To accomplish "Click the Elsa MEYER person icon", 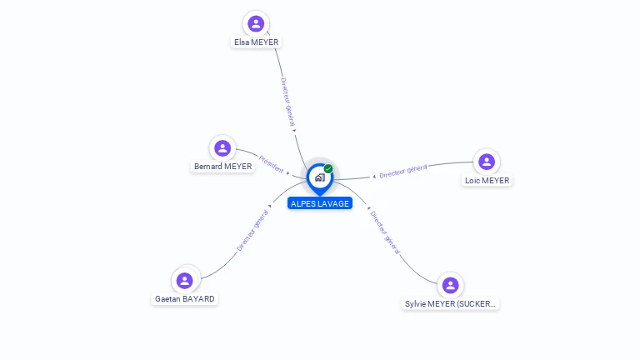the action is coord(256,23).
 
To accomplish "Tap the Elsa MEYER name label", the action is coord(256,42).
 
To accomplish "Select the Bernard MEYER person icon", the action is coord(222,148).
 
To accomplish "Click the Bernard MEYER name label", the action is coord(222,167).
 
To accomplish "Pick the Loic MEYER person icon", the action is coord(487,162).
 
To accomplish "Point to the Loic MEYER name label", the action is coord(487,180).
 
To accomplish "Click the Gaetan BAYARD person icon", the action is coord(185,280).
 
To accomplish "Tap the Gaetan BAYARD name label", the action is coord(185,298).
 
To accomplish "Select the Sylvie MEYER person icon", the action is coord(451,286).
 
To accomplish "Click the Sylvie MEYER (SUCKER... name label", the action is coord(451,304).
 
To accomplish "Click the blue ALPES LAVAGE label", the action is coord(320,203).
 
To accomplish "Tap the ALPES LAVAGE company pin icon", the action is coord(319,177).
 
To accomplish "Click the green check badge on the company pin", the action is coord(328,168).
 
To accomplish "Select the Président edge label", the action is coord(272,162).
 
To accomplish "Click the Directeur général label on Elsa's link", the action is coord(287,102).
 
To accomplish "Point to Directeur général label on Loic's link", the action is coord(403,171).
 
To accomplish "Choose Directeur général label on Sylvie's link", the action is coord(385,232).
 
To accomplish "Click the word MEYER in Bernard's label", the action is coord(237,167).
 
